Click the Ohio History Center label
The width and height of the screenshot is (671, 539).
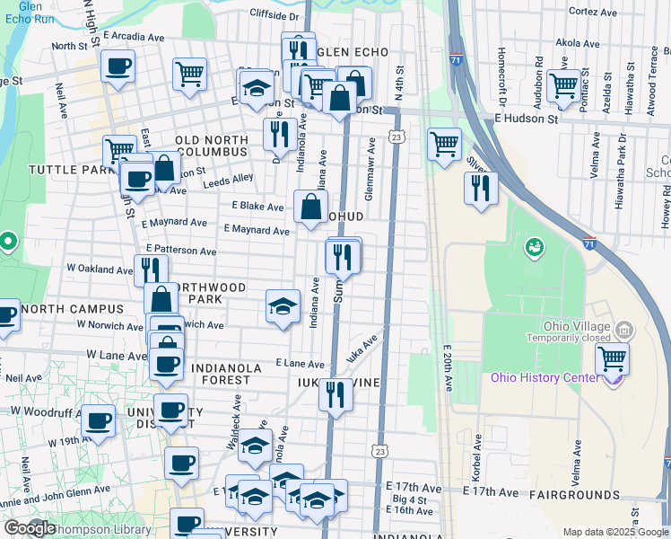click(544, 376)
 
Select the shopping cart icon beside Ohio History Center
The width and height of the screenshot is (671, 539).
click(612, 359)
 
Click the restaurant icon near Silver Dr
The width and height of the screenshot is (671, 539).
click(481, 188)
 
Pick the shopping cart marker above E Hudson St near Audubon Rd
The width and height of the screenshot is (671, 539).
click(563, 86)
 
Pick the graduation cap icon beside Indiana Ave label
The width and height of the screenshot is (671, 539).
click(283, 306)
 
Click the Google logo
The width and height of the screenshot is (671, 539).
click(30, 528)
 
